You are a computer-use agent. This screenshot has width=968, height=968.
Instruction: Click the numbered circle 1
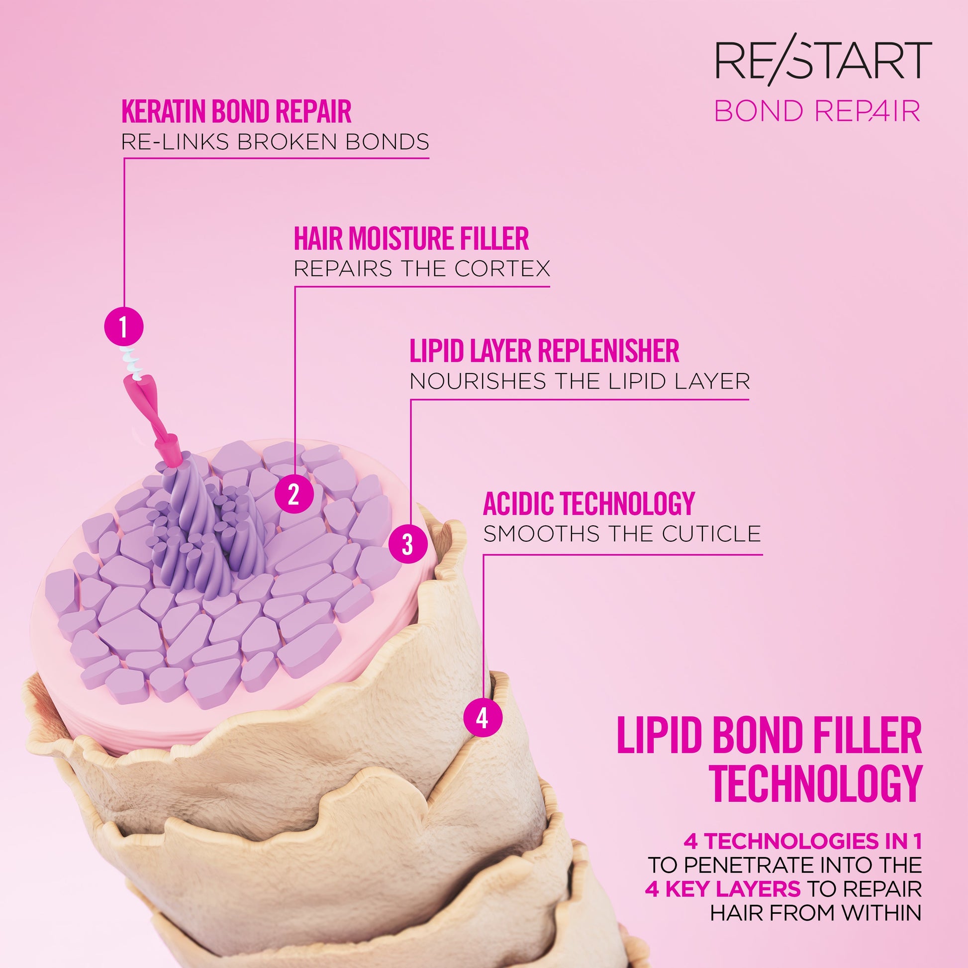124,327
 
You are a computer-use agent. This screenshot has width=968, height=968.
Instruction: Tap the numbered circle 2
294,494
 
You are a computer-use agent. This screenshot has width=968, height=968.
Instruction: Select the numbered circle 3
408,544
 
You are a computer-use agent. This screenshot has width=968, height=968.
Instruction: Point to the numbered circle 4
483,718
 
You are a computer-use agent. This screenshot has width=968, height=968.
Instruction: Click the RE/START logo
823,62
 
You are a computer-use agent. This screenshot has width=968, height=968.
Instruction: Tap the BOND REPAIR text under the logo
817,111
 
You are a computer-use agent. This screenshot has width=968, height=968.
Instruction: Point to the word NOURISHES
478,382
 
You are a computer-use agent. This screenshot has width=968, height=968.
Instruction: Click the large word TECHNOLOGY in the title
816,784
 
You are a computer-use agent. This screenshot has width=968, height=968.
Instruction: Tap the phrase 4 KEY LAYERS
722,889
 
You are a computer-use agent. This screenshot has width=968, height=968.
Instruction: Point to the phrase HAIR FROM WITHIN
816,912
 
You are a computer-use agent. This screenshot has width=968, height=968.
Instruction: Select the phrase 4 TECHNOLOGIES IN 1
803,842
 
